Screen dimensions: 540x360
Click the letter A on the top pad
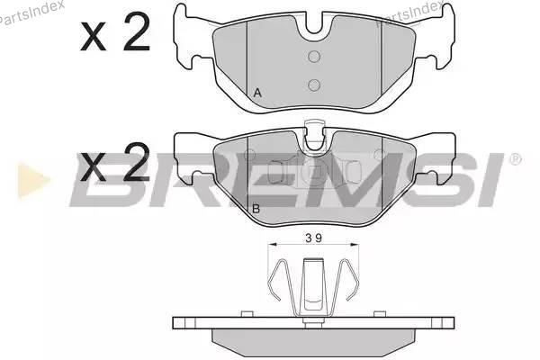pos(257,93)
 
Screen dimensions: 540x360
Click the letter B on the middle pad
pos(256,209)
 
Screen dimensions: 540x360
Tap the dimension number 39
pos(313,238)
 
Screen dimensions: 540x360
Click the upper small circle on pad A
pos(314,56)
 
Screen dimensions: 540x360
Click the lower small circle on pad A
pos(314,85)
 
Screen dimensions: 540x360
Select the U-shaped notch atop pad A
pos(314,25)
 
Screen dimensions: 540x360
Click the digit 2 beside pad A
pos(137,31)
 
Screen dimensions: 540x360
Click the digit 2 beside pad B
pos(137,162)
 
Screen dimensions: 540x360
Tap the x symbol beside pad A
pos(93,37)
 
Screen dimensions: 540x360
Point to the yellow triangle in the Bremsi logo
pos(32,180)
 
